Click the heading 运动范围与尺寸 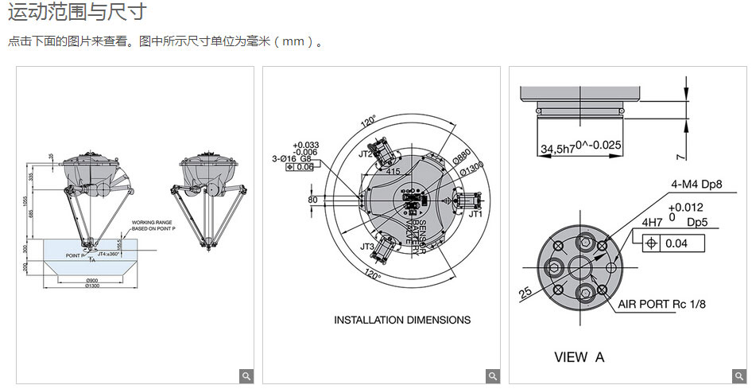[77, 13]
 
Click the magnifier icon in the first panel [246, 375]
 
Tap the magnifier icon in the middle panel [493, 375]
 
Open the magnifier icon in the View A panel [738, 375]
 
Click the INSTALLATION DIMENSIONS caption [401, 320]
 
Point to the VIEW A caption [579, 357]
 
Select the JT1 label [475, 215]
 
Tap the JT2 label [366, 154]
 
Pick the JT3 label [366, 247]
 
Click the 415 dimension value [393, 170]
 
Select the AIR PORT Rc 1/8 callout [661, 304]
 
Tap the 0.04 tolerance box [676, 243]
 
